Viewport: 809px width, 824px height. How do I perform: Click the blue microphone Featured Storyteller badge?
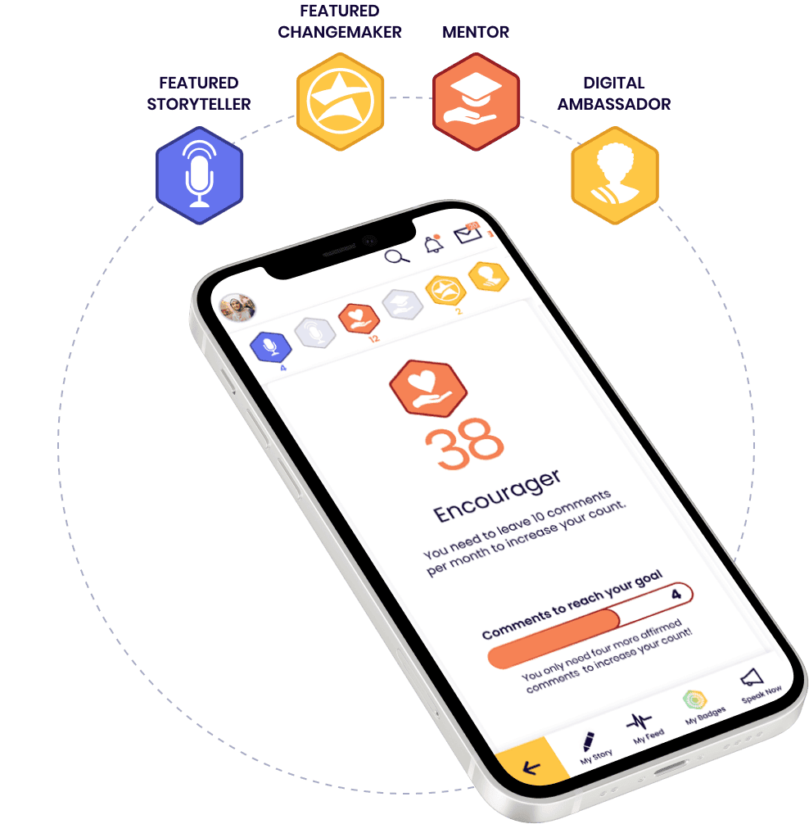point(200,176)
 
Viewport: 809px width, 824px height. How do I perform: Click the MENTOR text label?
point(476,33)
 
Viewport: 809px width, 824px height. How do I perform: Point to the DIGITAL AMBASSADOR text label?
point(614,93)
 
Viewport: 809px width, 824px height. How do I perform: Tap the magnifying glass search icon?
point(397,256)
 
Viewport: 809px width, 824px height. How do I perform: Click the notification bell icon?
point(433,243)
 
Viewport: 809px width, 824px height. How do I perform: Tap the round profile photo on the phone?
point(238,308)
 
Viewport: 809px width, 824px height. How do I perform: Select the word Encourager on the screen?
point(497,496)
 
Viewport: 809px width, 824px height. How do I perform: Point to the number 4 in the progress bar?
point(676,594)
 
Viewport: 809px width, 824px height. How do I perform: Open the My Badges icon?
point(695,701)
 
